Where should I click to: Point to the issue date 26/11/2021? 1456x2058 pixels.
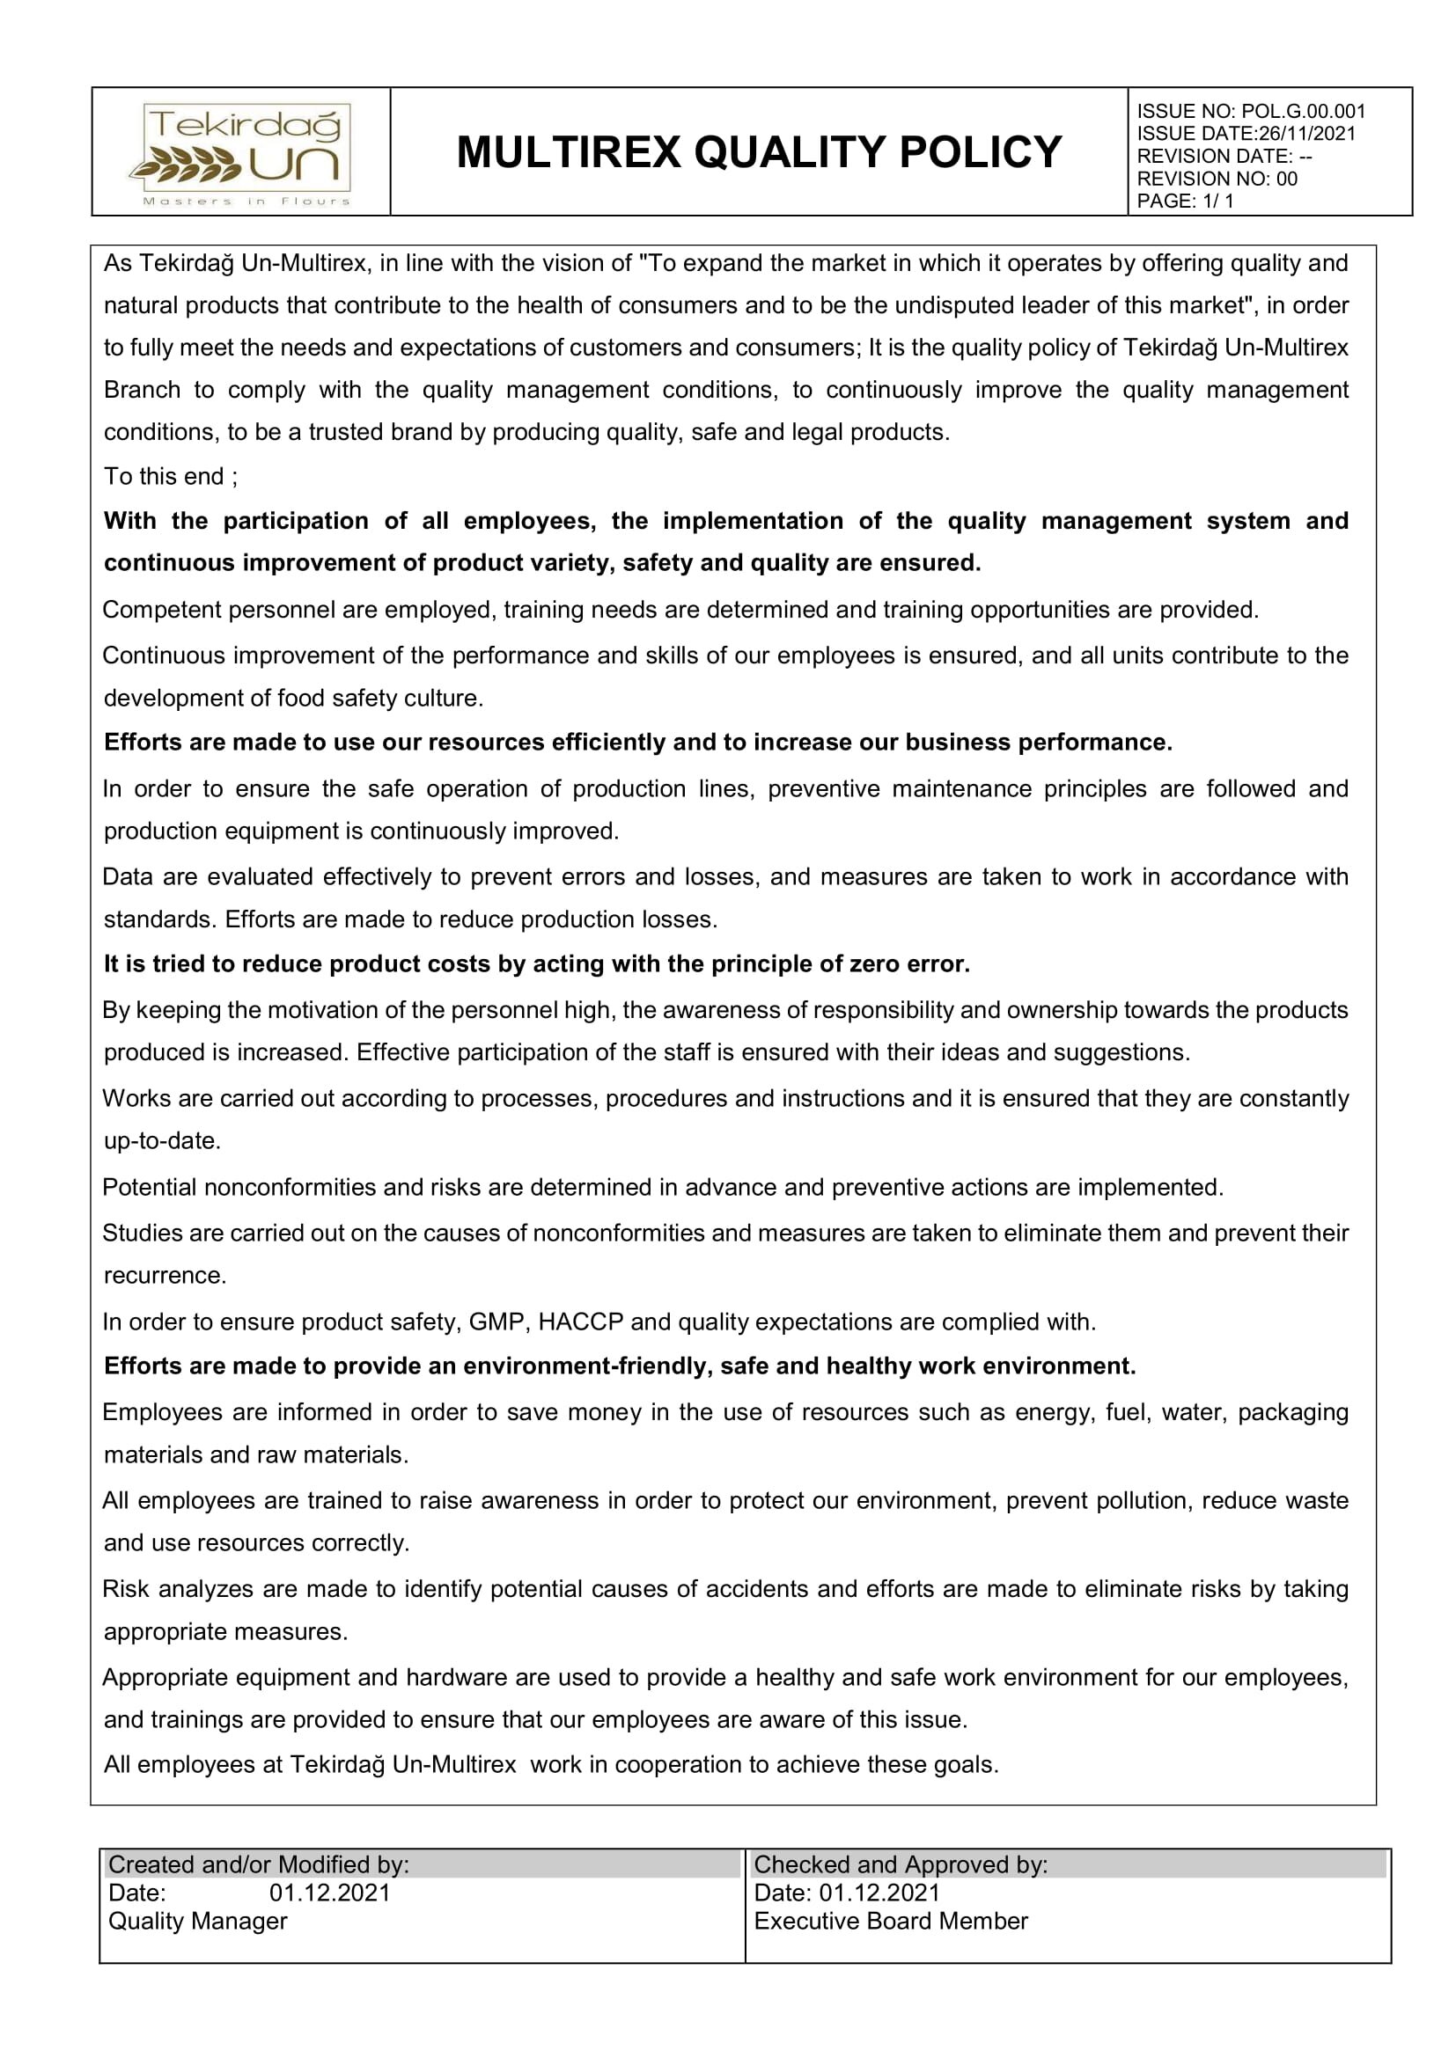pos(1307,134)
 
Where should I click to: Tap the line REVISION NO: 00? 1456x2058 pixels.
pos(1217,179)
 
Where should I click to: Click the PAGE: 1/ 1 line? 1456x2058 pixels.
pos(1185,201)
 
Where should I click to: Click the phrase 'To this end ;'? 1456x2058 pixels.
pos(172,476)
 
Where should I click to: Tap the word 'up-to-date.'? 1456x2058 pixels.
pos(162,1141)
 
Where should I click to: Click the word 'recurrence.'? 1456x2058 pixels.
pos(165,1276)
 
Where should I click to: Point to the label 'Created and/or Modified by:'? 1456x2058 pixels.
pos(258,1864)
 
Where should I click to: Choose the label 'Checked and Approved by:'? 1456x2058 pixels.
pos(901,1864)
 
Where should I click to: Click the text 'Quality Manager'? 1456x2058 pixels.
pos(197,1921)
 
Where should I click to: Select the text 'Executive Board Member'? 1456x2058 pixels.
pos(890,1921)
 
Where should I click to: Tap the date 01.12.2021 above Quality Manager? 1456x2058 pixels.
pos(330,1893)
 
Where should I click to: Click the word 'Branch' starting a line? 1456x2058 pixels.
pos(142,390)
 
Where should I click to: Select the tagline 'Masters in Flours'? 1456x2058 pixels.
pos(246,201)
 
